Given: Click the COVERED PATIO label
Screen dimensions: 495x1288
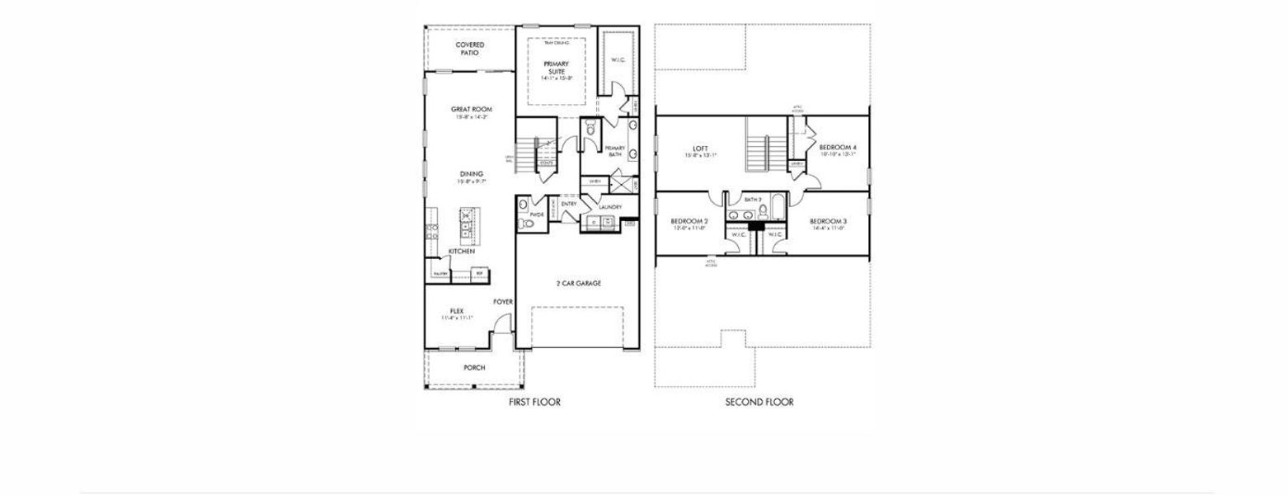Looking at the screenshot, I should tap(469, 49).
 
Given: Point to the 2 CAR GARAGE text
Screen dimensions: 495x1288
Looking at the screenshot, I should tap(578, 283).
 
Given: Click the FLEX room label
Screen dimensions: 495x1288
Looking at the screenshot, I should tap(457, 311).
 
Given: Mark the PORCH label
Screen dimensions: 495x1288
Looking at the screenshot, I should tap(474, 367).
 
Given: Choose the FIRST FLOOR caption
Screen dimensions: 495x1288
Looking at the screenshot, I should tap(534, 402).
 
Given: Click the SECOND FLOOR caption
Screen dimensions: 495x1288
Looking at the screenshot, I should tap(759, 402).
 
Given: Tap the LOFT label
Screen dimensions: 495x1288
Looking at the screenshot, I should tap(701, 149).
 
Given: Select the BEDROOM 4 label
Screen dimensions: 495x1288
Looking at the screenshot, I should tap(838, 147).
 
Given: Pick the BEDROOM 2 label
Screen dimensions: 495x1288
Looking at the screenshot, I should tap(689, 221).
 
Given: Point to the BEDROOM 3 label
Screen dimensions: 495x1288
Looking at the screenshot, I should tap(829, 221).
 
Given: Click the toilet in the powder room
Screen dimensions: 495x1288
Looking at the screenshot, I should tap(521, 222).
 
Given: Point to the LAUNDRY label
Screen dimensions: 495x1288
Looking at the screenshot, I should tap(609, 207).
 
